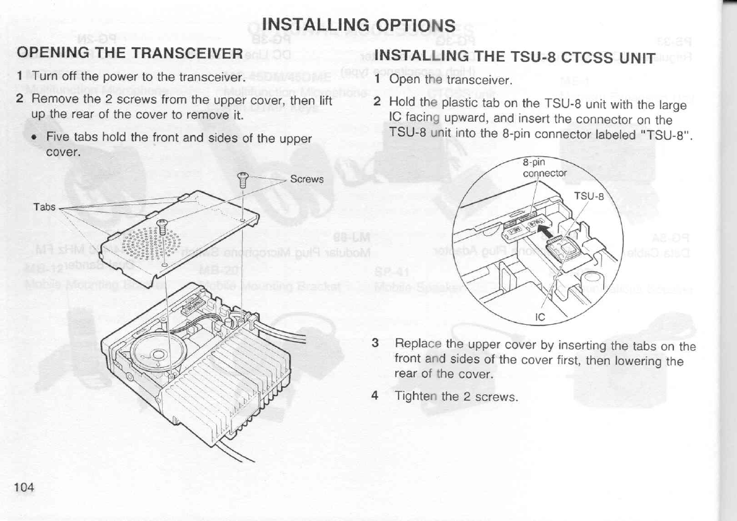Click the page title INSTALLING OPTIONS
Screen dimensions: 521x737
pyautogui.click(x=357, y=25)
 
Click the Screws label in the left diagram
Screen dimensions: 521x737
pyautogui.click(x=308, y=179)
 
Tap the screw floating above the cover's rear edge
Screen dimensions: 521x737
pyautogui.click(x=241, y=182)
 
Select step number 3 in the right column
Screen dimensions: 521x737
pyautogui.click(x=375, y=343)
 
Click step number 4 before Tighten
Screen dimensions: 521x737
pyautogui.click(x=375, y=395)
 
